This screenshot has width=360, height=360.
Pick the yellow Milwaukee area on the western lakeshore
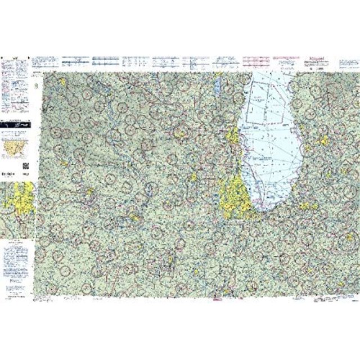pos(231,137)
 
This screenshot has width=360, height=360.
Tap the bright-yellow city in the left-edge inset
pos(17,202)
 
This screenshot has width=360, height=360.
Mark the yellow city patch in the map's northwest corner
pos(63,82)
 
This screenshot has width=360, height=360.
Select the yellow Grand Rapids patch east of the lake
pos(323,141)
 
